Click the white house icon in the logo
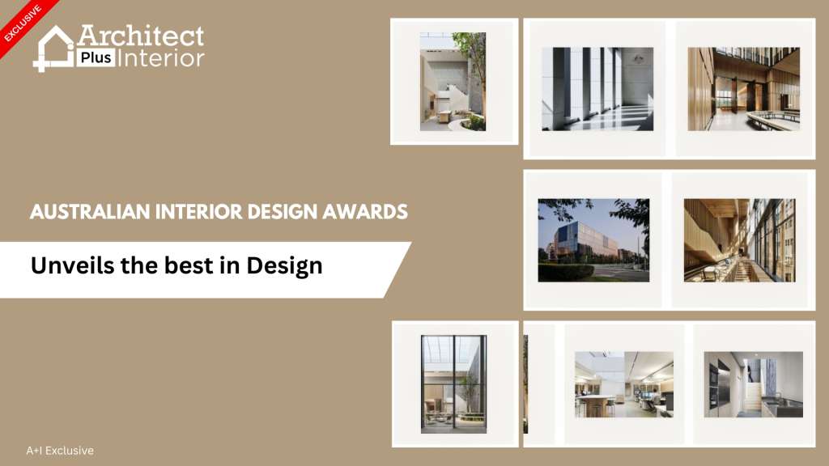pos(53,49)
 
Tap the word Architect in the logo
pos(141,36)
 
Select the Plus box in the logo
pos(96,57)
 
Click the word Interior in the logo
pos(161,57)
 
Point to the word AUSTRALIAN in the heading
pos(91,212)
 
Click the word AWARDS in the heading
pos(365,212)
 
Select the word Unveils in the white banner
pos(72,265)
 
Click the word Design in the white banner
pos(284,266)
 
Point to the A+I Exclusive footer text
pos(60,451)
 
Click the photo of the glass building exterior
pos(593,240)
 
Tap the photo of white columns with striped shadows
pos(597,89)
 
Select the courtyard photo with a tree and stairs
pos(453,82)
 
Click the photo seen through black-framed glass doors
pos(453,384)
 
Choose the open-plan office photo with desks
pos(624,384)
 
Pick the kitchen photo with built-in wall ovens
pos(754,384)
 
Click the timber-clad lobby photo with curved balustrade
pos(743,89)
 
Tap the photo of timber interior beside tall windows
pos(739,240)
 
